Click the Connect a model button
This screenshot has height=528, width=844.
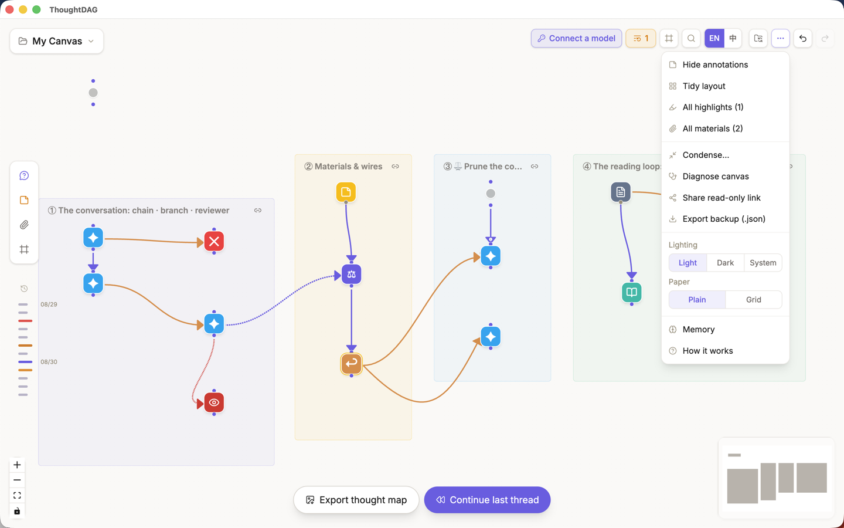click(x=576, y=38)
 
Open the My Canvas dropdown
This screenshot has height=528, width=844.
click(x=56, y=40)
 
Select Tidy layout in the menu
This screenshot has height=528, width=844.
click(x=703, y=86)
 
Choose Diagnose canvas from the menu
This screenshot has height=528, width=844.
click(x=716, y=176)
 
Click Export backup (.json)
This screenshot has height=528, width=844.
click(x=723, y=219)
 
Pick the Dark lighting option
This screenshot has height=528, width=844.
click(x=725, y=262)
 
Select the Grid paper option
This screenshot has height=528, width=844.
click(x=753, y=299)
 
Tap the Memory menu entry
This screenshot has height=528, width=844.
click(x=698, y=329)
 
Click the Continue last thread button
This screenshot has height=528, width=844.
click(x=487, y=500)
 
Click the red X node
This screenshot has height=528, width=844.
click(x=214, y=241)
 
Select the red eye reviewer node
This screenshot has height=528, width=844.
click(x=214, y=402)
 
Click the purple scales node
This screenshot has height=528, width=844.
click(x=351, y=274)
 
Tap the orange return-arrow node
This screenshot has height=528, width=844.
click(x=351, y=364)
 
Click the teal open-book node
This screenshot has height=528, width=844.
click(x=631, y=292)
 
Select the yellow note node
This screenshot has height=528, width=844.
click(x=346, y=192)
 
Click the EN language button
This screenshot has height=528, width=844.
click(x=714, y=38)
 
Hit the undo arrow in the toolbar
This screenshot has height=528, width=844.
click(x=802, y=38)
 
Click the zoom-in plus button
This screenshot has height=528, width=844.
click(x=17, y=465)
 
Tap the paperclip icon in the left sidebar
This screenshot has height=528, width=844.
click(x=24, y=225)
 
